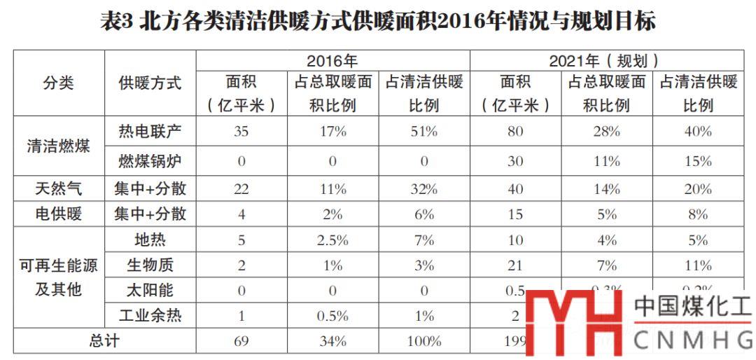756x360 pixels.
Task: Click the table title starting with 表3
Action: pyautogui.click(x=378, y=22)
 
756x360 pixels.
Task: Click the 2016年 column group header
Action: pyautogui.click(x=332, y=62)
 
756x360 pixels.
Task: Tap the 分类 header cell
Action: pyautogui.click(x=59, y=83)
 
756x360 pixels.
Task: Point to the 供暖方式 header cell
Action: pyautogui.click(x=150, y=83)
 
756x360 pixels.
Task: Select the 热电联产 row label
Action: pyautogui.click(x=150, y=131)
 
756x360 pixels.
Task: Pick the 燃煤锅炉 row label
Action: pyautogui.click(x=150, y=161)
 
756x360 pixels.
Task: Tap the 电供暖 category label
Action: pyautogui.click(x=59, y=214)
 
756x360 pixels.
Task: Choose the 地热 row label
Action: pyautogui.click(x=150, y=240)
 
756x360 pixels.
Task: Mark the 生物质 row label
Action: pyautogui.click(x=150, y=265)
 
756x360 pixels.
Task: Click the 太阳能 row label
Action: pyautogui.click(x=150, y=290)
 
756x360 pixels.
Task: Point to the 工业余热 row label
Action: pyautogui.click(x=150, y=316)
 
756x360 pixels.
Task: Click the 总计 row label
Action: pyautogui.click(x=104, y=341)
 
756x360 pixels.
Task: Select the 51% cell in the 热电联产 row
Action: pyautogui.click(x=423, y=131)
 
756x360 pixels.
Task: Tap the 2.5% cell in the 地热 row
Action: pyautogui.click(x=332, y=240)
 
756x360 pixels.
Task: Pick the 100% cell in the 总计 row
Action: pyautogui.click(x=423, y=341)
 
